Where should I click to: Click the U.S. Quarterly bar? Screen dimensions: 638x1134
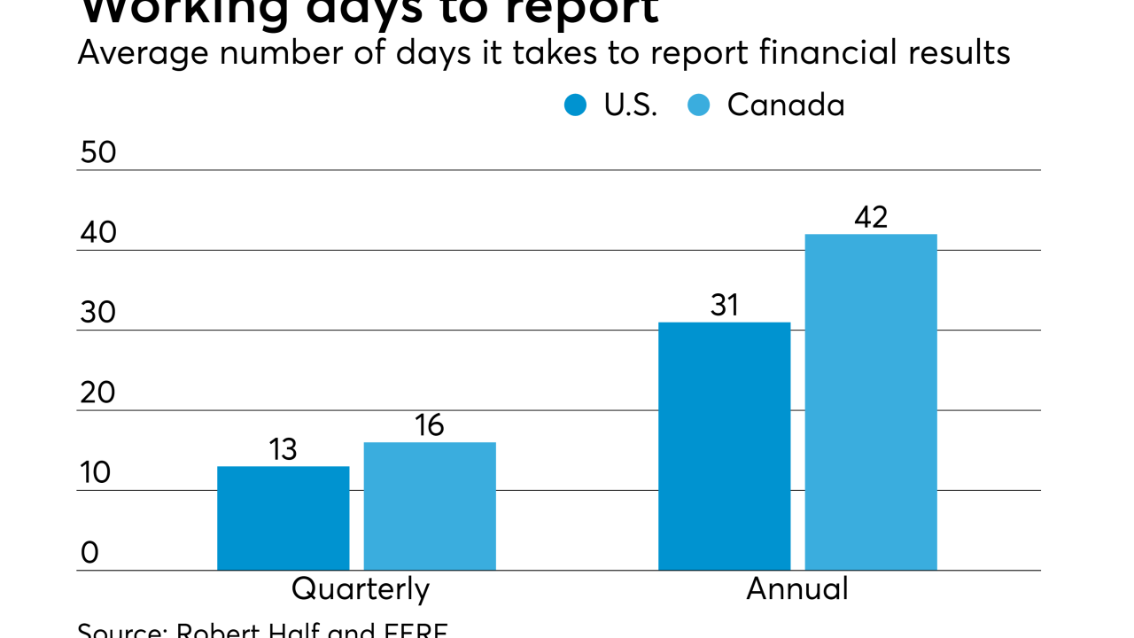point(283,518)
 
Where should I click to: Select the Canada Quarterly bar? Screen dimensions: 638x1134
point(430,506)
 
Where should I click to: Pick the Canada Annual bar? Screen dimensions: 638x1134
point(871,402)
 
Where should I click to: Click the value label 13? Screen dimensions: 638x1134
point(283,450)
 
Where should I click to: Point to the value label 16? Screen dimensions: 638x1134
point(430,426)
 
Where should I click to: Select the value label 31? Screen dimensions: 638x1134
point(725,306)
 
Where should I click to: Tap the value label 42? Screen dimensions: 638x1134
point(871,218)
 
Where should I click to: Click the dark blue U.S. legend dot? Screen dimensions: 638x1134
point(576,105)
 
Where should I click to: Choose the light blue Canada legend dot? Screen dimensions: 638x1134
point(699,105)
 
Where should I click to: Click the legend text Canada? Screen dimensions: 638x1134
point(786,105)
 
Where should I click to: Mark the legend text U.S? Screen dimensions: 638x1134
point(631,105)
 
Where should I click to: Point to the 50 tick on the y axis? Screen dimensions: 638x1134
point(97,153)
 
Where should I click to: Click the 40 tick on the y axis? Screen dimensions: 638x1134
point(97,233)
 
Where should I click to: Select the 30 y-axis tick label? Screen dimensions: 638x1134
point(97,314)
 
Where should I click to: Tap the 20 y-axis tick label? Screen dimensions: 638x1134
point(97,393)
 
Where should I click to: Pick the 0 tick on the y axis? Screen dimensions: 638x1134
point(89,553)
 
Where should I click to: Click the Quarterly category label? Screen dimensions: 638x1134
point(361,589)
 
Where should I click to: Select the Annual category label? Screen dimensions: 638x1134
point(797,589)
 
